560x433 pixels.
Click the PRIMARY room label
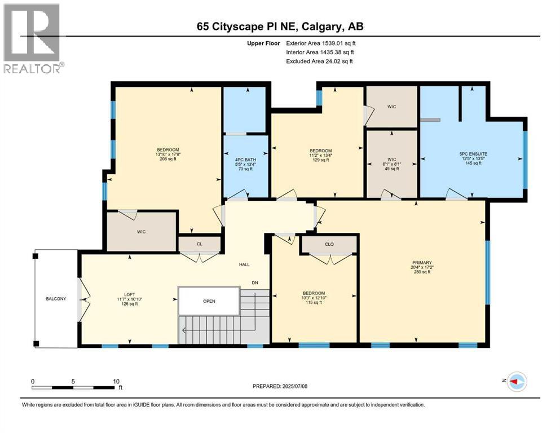[x=422, y=262]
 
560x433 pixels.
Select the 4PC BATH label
[x=245, y=160]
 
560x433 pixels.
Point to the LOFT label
[x=129, y=294]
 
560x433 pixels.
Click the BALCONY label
[x=56, y=298]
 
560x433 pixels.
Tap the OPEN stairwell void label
[x=209, y=301]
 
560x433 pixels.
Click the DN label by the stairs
[x=255, y=282]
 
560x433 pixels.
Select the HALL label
[x=244, y=264]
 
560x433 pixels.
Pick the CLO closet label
[x=329, y=244]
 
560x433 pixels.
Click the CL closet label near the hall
[x=199, y=244]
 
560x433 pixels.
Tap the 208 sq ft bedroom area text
[x=168, y=159]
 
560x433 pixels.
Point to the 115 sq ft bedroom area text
[x=314, y=302]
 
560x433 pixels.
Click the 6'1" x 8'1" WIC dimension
[x=392, y=164]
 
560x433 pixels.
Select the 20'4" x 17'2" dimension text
[x=422, y=267]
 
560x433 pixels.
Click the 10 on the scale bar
[x=116, y=381]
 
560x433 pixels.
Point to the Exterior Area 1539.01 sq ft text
[x=321, y=43]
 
